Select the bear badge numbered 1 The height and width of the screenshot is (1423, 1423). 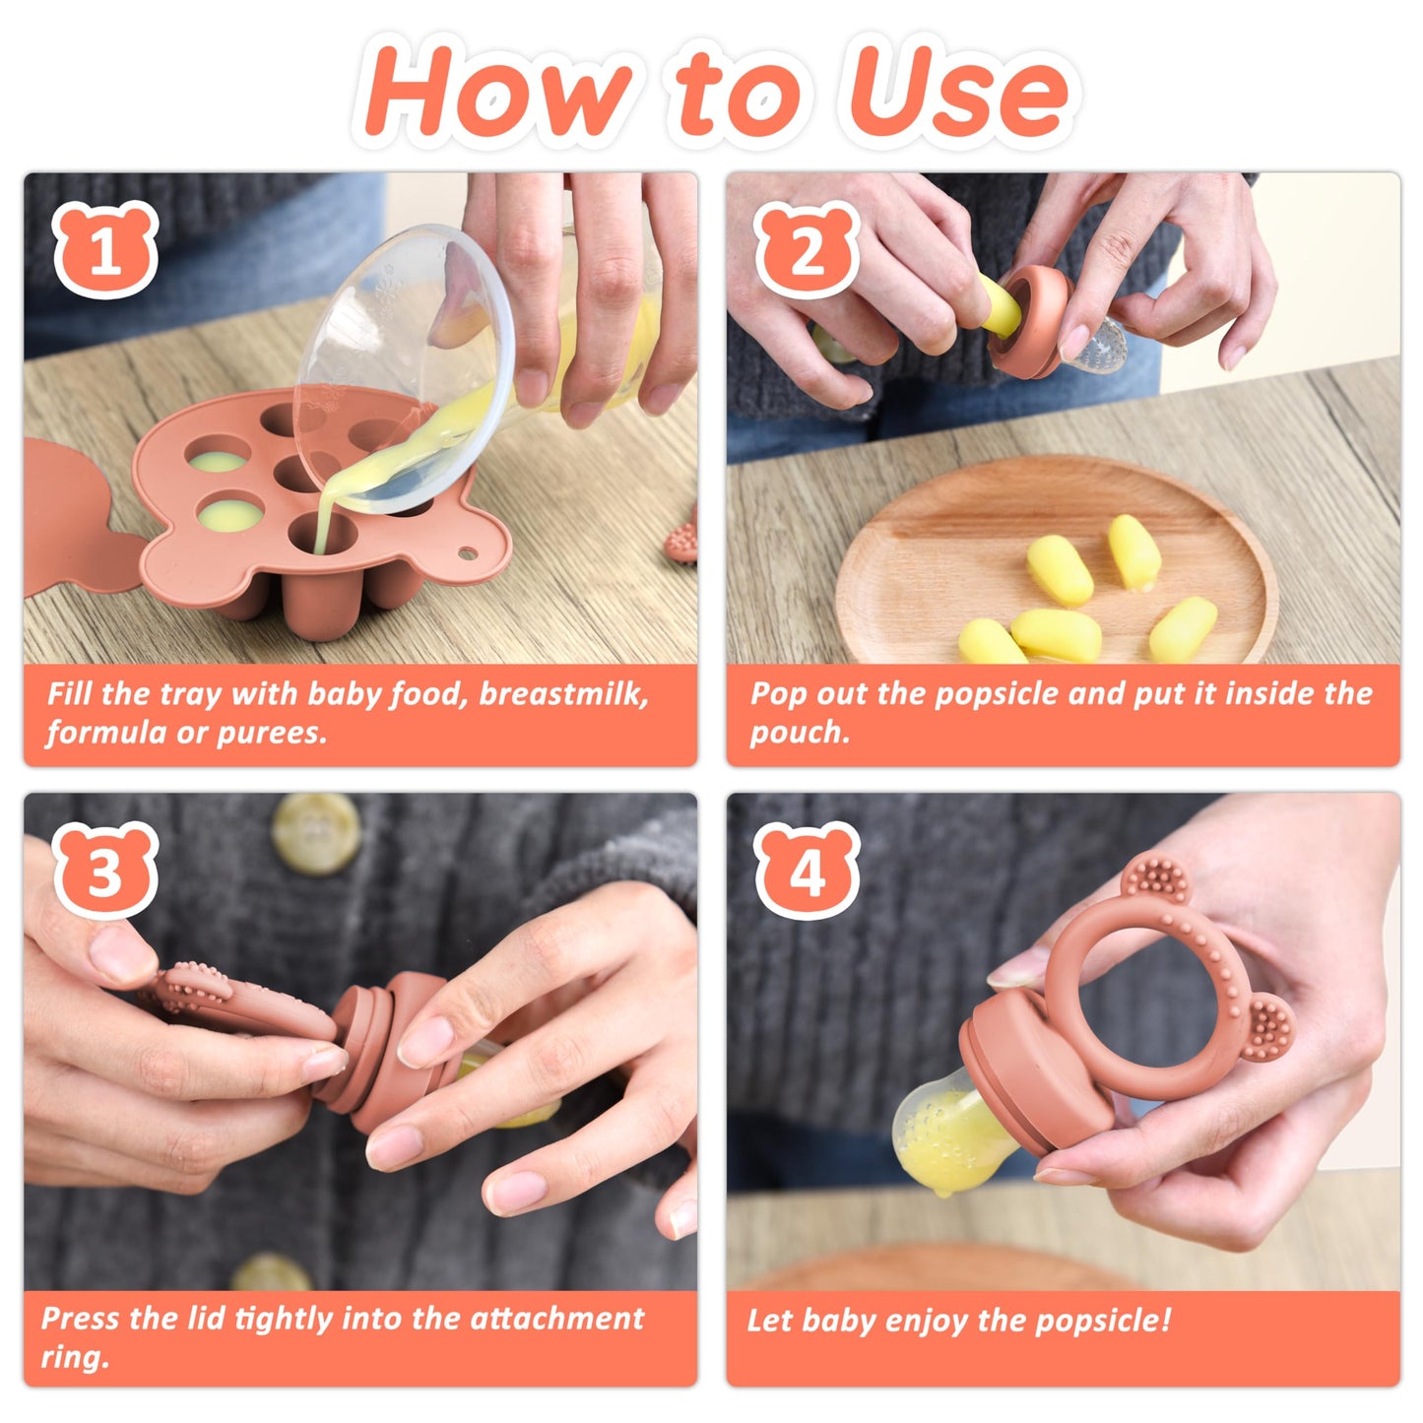coord(105,250)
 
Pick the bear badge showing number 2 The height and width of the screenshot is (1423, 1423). coord(807,250)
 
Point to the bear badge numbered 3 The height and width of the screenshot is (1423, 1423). coord(105,871)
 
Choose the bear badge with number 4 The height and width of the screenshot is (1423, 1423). coord(807,871)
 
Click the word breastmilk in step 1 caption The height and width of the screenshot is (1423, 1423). coord(563,694)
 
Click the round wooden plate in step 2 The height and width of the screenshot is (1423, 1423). coord(1054,561)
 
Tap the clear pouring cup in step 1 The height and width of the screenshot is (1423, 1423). coord(404,364)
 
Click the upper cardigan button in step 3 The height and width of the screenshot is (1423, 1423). coord(316,832)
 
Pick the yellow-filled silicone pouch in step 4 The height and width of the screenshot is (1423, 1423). coord(940,1132)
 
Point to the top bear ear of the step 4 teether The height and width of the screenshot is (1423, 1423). coord(1154,881)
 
